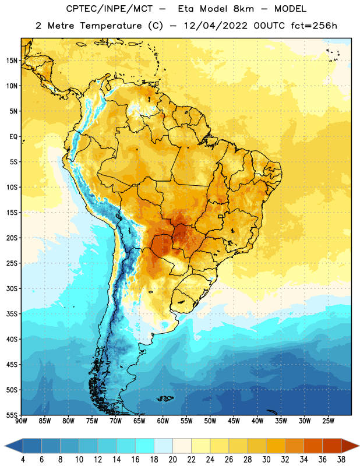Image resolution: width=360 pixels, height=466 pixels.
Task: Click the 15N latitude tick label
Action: pos(12,61)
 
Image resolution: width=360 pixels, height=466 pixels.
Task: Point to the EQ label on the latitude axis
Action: pos(13,137)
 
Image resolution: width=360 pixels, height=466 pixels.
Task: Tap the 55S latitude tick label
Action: pos(12,415)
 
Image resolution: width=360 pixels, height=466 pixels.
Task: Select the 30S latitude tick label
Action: pos(12,288)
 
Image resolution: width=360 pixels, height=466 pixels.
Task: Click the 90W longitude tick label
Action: pos(21,421)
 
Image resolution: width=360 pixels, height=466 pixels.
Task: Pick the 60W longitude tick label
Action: pos(163,421)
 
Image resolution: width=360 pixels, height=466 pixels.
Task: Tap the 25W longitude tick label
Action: pos(329,421)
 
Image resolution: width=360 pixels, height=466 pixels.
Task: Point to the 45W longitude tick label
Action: pos(234,421)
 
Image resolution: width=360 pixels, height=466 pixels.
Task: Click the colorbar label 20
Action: pos(172,460)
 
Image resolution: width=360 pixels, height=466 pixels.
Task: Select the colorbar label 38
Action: pos(341,460)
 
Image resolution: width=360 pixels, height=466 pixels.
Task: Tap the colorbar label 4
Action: pos(23,460)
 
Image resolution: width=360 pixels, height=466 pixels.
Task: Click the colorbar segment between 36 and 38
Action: pos(332,446)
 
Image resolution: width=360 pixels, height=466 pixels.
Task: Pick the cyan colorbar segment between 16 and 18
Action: pos(144,446)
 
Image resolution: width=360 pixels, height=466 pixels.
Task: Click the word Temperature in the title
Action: pos(111,26)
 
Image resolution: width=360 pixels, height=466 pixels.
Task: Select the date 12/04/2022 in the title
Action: pos(216,26)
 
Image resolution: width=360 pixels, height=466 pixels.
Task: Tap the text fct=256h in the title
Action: pos(314,26)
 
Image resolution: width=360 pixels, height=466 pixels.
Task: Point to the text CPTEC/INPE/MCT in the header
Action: pos(110,9)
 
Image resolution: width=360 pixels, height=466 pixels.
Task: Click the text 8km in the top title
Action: pos(243,9)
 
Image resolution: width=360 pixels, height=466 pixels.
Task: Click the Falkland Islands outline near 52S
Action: pos(165,398)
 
